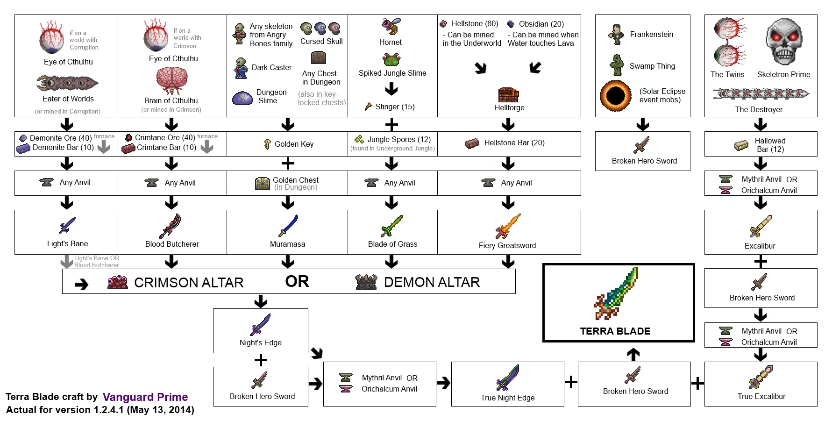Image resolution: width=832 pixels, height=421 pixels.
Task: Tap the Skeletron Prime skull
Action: coord(784,42)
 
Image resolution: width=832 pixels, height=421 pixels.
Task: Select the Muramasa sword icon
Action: coord(288,226)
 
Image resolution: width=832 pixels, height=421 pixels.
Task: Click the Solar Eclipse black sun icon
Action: coord(615,96)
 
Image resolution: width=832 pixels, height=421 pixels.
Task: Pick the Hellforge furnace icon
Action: coord(509,94)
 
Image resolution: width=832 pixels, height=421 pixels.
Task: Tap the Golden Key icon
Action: coord(268,144)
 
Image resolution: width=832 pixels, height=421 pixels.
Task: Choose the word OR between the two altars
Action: coord(297,281)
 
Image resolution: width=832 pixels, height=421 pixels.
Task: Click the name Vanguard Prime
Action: coord(145,397)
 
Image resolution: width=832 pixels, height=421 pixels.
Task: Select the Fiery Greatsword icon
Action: coord(508,226)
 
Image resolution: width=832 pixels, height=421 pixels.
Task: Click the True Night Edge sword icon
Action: coord(508,378)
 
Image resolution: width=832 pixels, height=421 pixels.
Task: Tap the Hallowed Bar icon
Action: coord(741,145)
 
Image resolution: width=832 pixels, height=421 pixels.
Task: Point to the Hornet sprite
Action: coord(391,27)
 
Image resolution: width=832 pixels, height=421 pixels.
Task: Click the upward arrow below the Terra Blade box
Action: coord(633,354)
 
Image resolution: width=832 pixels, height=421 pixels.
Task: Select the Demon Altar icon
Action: coord(366,282)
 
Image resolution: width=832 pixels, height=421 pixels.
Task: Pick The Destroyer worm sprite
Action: coord(760,94)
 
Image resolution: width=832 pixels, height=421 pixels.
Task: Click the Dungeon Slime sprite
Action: coord(242,98)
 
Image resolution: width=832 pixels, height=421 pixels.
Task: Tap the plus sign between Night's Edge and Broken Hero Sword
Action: coord(261,360)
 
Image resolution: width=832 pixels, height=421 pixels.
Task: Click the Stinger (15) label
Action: coord(395,107)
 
